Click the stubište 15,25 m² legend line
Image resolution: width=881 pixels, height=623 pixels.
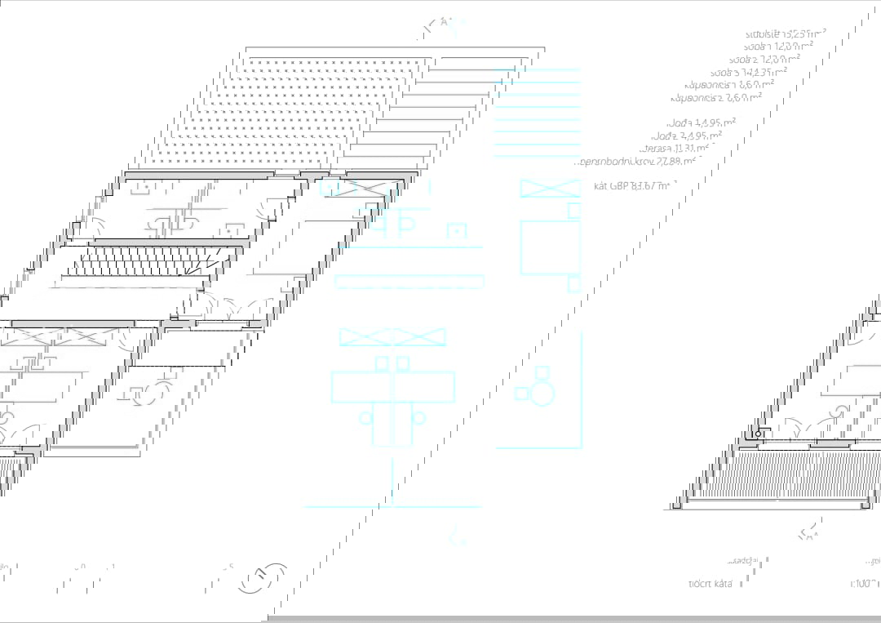pyautogui.click(x=785, y=33)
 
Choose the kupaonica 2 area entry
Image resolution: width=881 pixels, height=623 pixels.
pyautogui.click(x=715, y=97)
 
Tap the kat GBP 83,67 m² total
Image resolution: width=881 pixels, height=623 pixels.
pyautogui.click(x=633, y=186)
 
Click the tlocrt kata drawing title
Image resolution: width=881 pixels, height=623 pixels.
pyautogui.click(x=710, y=584)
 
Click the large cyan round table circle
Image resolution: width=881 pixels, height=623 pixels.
pyautogui.click(x=542, y=395)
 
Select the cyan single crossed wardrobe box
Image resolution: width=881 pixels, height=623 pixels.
pyautogui.click(x=550, y=188)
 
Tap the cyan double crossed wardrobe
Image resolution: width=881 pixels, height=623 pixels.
pyautogui.click(x=392, y=336)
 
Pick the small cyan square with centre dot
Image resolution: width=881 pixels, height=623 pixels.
pyautogui.click(x=457, y=231)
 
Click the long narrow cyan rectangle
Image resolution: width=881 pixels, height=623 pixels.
pyautogui.click(x=409, y=281)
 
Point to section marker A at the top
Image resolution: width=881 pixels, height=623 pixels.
pyautogui.click(x=445, y=24)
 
